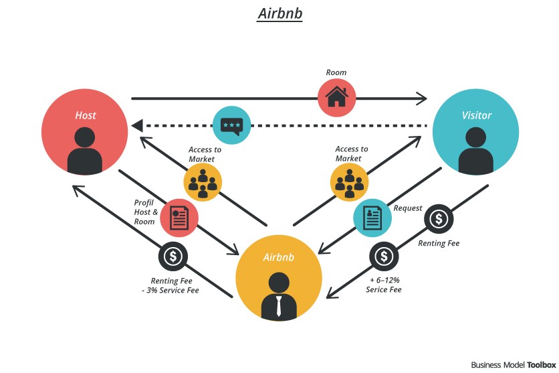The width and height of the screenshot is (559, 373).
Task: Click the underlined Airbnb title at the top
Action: (279, 15)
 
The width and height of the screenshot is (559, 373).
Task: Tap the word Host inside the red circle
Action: (86, 115)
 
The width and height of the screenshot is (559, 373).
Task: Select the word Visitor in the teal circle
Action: (476, 115)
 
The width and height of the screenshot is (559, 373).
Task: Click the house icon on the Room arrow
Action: (336, 98)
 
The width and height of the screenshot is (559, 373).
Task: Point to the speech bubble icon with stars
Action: (232, 125)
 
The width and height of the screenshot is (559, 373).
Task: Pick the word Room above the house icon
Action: (336, 72)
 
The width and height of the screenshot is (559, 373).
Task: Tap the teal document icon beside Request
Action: (372, 217)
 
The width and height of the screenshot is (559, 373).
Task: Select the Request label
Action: (408, 208)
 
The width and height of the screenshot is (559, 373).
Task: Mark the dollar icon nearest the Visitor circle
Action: (438, 218)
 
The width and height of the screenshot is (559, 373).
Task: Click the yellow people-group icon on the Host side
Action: (203, 181)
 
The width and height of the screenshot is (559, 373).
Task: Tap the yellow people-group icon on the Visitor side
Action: (349, 181)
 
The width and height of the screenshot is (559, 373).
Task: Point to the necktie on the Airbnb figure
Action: (279, 306)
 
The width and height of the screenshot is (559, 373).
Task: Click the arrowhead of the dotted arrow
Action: (136, 126)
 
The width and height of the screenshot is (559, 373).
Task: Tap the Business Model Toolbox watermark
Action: (514, 365)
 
